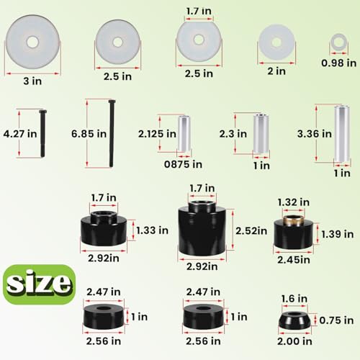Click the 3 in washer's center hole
point(32,42)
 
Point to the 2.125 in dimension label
point(160,133)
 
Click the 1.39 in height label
point(337,234)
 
